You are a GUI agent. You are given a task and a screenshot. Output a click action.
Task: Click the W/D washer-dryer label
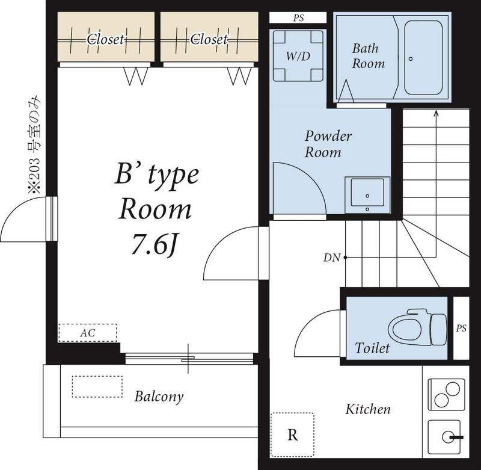pyautogui.click(x=298, y=56)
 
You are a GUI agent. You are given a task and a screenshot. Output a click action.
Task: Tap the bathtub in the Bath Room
pyautogui.click(x=423, y=57)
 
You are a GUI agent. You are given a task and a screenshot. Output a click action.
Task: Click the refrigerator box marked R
pyautogui.click(x=292, y=434)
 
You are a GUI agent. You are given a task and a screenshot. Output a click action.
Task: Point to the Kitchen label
pyautogui.click(x=368, y=409)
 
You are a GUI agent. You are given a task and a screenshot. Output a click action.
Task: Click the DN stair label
pyautogui.click(x=332, y=258)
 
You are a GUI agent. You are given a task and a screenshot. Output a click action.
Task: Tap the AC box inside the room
pyautogui.click(x=88, y=333)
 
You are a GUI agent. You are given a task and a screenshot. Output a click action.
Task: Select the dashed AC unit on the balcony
pyautogui.click(x=97, y=386)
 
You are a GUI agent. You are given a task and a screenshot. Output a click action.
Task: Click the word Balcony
pyautogui.click(x=159, y=397)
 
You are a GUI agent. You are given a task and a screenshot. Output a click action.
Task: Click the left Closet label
pyautogui.click(x=106, y=39)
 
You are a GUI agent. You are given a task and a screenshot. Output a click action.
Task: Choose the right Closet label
pyautogui.click(x=209, y=39)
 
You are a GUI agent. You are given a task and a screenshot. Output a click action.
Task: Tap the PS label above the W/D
pyautogui.click(x=298, y=18)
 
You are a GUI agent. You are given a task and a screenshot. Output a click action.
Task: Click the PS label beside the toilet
pyautogui.click(x=461, y=328)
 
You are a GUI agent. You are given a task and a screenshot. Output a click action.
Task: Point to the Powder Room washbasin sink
pyautogui.click(x=367, y=194)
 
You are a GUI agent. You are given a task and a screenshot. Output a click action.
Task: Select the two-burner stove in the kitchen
pyautogui.click(x=446, y=395)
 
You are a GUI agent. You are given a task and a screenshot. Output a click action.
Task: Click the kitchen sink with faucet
pyautogui.click(x=446, y=437)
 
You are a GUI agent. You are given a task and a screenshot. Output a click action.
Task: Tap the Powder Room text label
pyautogui.click(x=328, y=144)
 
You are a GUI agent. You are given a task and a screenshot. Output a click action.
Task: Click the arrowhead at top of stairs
pyautogui.click(x=436, y=113)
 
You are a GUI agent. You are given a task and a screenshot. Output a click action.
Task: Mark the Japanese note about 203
pyautogui.click(x=34, y=144)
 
